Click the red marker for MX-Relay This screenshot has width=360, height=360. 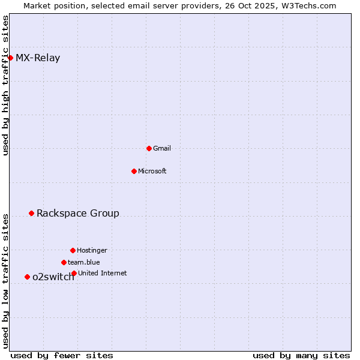[10, 58]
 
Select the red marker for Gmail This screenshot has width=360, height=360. [149, 148]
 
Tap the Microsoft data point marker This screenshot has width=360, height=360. [134, 171]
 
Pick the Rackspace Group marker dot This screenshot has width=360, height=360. [31, 213]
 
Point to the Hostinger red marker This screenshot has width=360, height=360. [73, 250]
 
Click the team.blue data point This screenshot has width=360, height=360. [64, 262]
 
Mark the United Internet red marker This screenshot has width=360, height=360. [74, 273]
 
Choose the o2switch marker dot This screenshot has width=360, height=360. [27, 277]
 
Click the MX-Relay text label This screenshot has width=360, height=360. [38, 58]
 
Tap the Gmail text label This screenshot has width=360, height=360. [162, 148]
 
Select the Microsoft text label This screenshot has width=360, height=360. [152, 171]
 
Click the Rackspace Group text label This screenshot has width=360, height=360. [78, 213]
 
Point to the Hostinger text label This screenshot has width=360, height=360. [92, 250]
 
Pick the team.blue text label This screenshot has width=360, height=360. [84, 262]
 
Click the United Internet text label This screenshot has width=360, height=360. [103, 273]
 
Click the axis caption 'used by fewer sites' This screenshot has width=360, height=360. [62, 355]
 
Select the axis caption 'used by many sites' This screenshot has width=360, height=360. [301, 355]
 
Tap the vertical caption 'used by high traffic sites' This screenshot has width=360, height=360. [5, 85]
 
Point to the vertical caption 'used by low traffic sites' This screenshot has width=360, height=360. [5, 280]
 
